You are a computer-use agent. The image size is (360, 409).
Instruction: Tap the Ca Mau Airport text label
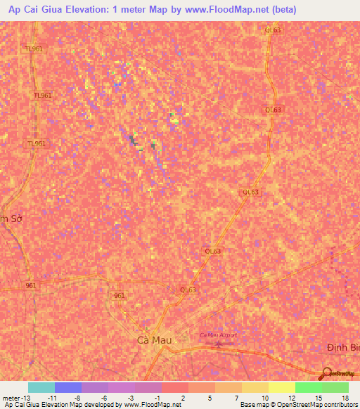coord(219,335)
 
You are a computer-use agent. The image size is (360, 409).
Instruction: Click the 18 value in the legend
coord(345,398)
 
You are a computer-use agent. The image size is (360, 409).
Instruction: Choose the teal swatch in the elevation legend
coord(41,387)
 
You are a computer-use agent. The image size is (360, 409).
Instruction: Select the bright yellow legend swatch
coord(281,387)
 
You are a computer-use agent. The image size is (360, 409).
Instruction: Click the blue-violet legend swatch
coord(68,387)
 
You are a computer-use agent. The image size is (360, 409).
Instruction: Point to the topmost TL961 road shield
coord(33,48)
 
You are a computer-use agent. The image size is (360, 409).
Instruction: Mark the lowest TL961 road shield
coord(37,143)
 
